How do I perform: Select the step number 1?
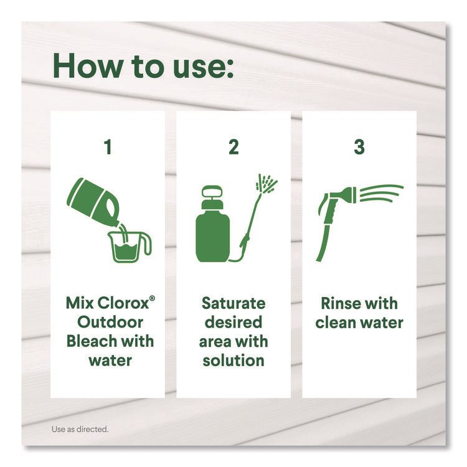(x=108, y=147)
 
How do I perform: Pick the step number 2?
(x=233, y=147)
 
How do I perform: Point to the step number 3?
(x=359, y=147)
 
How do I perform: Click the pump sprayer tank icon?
(x=213, y=224)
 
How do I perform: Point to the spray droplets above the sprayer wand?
(x=267, y=183)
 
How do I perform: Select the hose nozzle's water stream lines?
(x=382, y=193)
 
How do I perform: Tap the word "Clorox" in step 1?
(x=123, y=303)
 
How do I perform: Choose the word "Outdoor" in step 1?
(x=110, y=323)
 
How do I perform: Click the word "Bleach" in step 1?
(x=87, y=341)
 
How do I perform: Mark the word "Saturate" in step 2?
(x=233, y=303)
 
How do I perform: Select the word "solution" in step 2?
(x=233, y=361)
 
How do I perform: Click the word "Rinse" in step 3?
(x=340, y=303)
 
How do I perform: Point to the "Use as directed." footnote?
(x=80, y=429)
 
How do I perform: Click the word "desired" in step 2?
(x=233, y=323)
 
